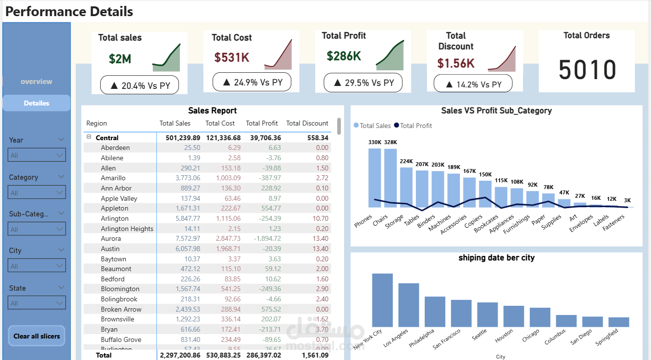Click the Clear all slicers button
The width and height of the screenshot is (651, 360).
(37, 336)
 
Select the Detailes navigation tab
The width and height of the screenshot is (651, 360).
(37, 103)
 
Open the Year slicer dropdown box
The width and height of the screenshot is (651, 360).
(37, 155)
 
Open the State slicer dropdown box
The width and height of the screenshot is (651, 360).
(37, 303)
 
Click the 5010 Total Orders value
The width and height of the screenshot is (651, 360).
(587, 70)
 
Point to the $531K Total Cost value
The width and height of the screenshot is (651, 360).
(232, 58)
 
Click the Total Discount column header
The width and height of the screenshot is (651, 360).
(307, 124)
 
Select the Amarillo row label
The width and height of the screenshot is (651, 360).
(113, 178)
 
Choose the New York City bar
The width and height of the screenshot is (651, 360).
(382, 300)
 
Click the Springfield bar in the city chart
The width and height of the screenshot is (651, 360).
(619, 322)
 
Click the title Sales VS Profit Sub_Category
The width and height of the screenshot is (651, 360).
(496, 111)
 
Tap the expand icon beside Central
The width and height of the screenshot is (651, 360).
(89, 138)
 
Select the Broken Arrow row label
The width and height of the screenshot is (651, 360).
(121, 310)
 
